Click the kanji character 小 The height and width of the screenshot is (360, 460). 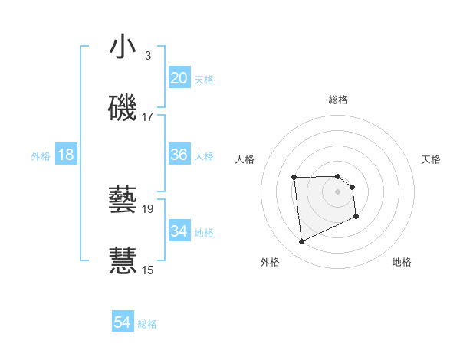[x=123, y=47]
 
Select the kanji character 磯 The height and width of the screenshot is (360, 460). [x=123, y=108]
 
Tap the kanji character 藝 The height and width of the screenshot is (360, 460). [x=123, y=200]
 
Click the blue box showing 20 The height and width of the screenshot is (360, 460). [x=179, y=78]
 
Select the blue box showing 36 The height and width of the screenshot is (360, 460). [x=179, y=155]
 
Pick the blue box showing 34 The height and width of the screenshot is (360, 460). [x=179, y=231]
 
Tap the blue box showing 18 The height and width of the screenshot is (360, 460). [x=66, y=155]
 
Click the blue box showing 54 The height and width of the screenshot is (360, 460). [x=123, y=323]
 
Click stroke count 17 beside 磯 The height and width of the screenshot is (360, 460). [x=147, y=117]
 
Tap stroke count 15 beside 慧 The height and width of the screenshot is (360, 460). [x=147, y=270]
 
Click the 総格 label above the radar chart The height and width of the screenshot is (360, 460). [x=338, y=100]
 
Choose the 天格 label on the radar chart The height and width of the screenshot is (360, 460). [x=432, y=159]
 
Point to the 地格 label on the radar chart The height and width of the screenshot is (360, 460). [x=402, y=262]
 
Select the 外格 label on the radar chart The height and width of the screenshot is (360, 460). [x=270, y=262]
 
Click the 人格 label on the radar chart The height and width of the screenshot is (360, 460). [x=245, y=159]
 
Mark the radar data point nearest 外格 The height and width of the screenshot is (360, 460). [x=301, y=242]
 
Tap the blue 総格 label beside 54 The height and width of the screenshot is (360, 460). [x=147, y=324]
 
